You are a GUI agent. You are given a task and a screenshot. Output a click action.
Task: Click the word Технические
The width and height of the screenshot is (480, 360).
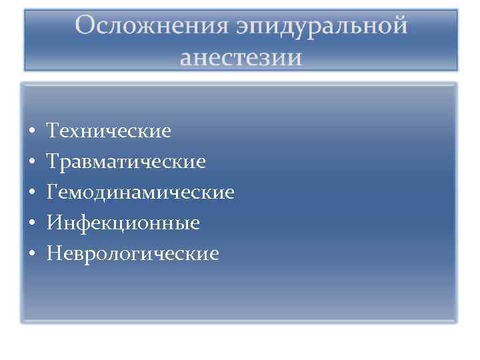[x=109, y=131]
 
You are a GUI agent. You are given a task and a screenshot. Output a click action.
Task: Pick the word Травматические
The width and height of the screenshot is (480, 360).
[x=126, y=162]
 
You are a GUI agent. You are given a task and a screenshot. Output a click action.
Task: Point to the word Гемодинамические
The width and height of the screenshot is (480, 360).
[x=140, y=193]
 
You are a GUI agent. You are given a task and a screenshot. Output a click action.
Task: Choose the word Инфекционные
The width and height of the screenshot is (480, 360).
[x=123, y=223]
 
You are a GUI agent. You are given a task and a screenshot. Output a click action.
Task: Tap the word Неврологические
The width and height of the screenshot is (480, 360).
[x=132, y=254]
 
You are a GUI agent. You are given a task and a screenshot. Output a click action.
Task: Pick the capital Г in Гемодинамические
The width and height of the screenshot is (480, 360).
[x=52, y=193]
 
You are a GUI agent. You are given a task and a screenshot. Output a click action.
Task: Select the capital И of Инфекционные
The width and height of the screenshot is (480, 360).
[x=53, y=223]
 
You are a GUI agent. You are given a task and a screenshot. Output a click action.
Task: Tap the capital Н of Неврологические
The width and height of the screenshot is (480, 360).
[x=53, y=254]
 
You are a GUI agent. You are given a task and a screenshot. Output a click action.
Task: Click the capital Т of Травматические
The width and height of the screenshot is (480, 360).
[x=52, y=162]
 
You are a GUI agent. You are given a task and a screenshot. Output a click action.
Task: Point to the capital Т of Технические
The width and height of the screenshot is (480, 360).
[x=52, y=131]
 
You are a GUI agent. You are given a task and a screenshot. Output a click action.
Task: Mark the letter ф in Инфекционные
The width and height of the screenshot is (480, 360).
[x=79, y=224]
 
